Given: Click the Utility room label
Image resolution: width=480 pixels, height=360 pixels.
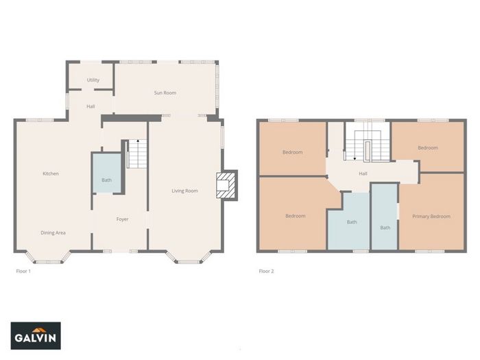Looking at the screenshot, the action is click(93, 80).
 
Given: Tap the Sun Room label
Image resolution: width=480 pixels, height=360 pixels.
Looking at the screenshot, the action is click(165, 93).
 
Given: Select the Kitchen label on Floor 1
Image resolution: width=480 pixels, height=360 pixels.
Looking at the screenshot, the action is click(51, 173).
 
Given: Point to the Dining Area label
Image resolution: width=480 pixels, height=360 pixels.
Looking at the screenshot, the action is click(53, 232).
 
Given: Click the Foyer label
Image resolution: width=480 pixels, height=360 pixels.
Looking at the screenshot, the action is click(122, 219).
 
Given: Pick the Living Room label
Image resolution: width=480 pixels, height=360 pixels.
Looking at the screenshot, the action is click(184, 191).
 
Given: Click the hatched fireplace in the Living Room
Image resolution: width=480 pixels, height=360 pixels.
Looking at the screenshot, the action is click(226, 185).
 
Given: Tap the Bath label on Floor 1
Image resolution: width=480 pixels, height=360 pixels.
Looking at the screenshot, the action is click(106, 180).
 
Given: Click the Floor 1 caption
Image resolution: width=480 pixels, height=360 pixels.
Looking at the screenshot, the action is click(23, 272).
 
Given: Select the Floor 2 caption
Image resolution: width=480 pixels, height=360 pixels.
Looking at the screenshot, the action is click(266, 272).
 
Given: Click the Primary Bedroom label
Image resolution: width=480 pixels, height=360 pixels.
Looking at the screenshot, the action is click(431, 217).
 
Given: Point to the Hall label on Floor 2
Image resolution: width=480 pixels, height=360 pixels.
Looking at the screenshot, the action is click(363, 173).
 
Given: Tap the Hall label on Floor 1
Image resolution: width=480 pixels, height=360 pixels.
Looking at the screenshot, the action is click(91, 106).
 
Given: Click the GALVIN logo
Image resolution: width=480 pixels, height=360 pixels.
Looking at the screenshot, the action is click(36, 336).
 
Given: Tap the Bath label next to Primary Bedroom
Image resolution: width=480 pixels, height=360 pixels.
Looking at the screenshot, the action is click(385, 228).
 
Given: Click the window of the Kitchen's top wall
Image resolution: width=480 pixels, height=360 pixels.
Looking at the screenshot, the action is click(40, 120).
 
